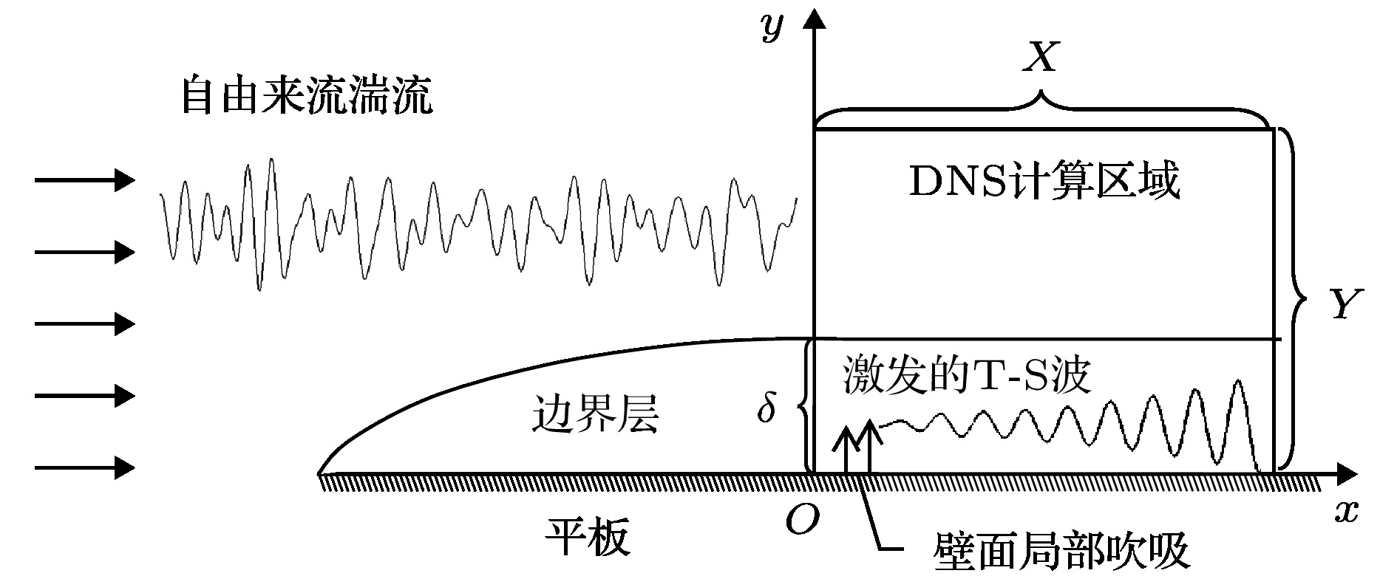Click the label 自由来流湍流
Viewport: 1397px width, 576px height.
307,96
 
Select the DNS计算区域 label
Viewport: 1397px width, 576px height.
1044,182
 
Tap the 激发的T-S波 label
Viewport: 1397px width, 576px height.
967,376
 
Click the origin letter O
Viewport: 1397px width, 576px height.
802,521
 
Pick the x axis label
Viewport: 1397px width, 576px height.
1347,512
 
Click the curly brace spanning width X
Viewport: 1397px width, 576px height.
1042,112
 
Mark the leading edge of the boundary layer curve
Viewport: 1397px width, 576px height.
319,472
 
